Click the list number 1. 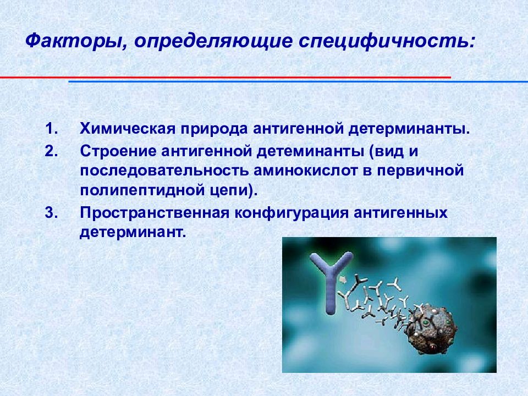(51, 129)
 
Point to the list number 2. (51, 151)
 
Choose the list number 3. (51, 212)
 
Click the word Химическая (128, 129)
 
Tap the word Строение (118, 152)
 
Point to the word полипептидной (142, 191)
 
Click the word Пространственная (155, 213)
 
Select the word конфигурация (291, 213)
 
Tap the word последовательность (164, 171)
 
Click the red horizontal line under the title (226, 78)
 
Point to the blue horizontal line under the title (298, 81)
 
